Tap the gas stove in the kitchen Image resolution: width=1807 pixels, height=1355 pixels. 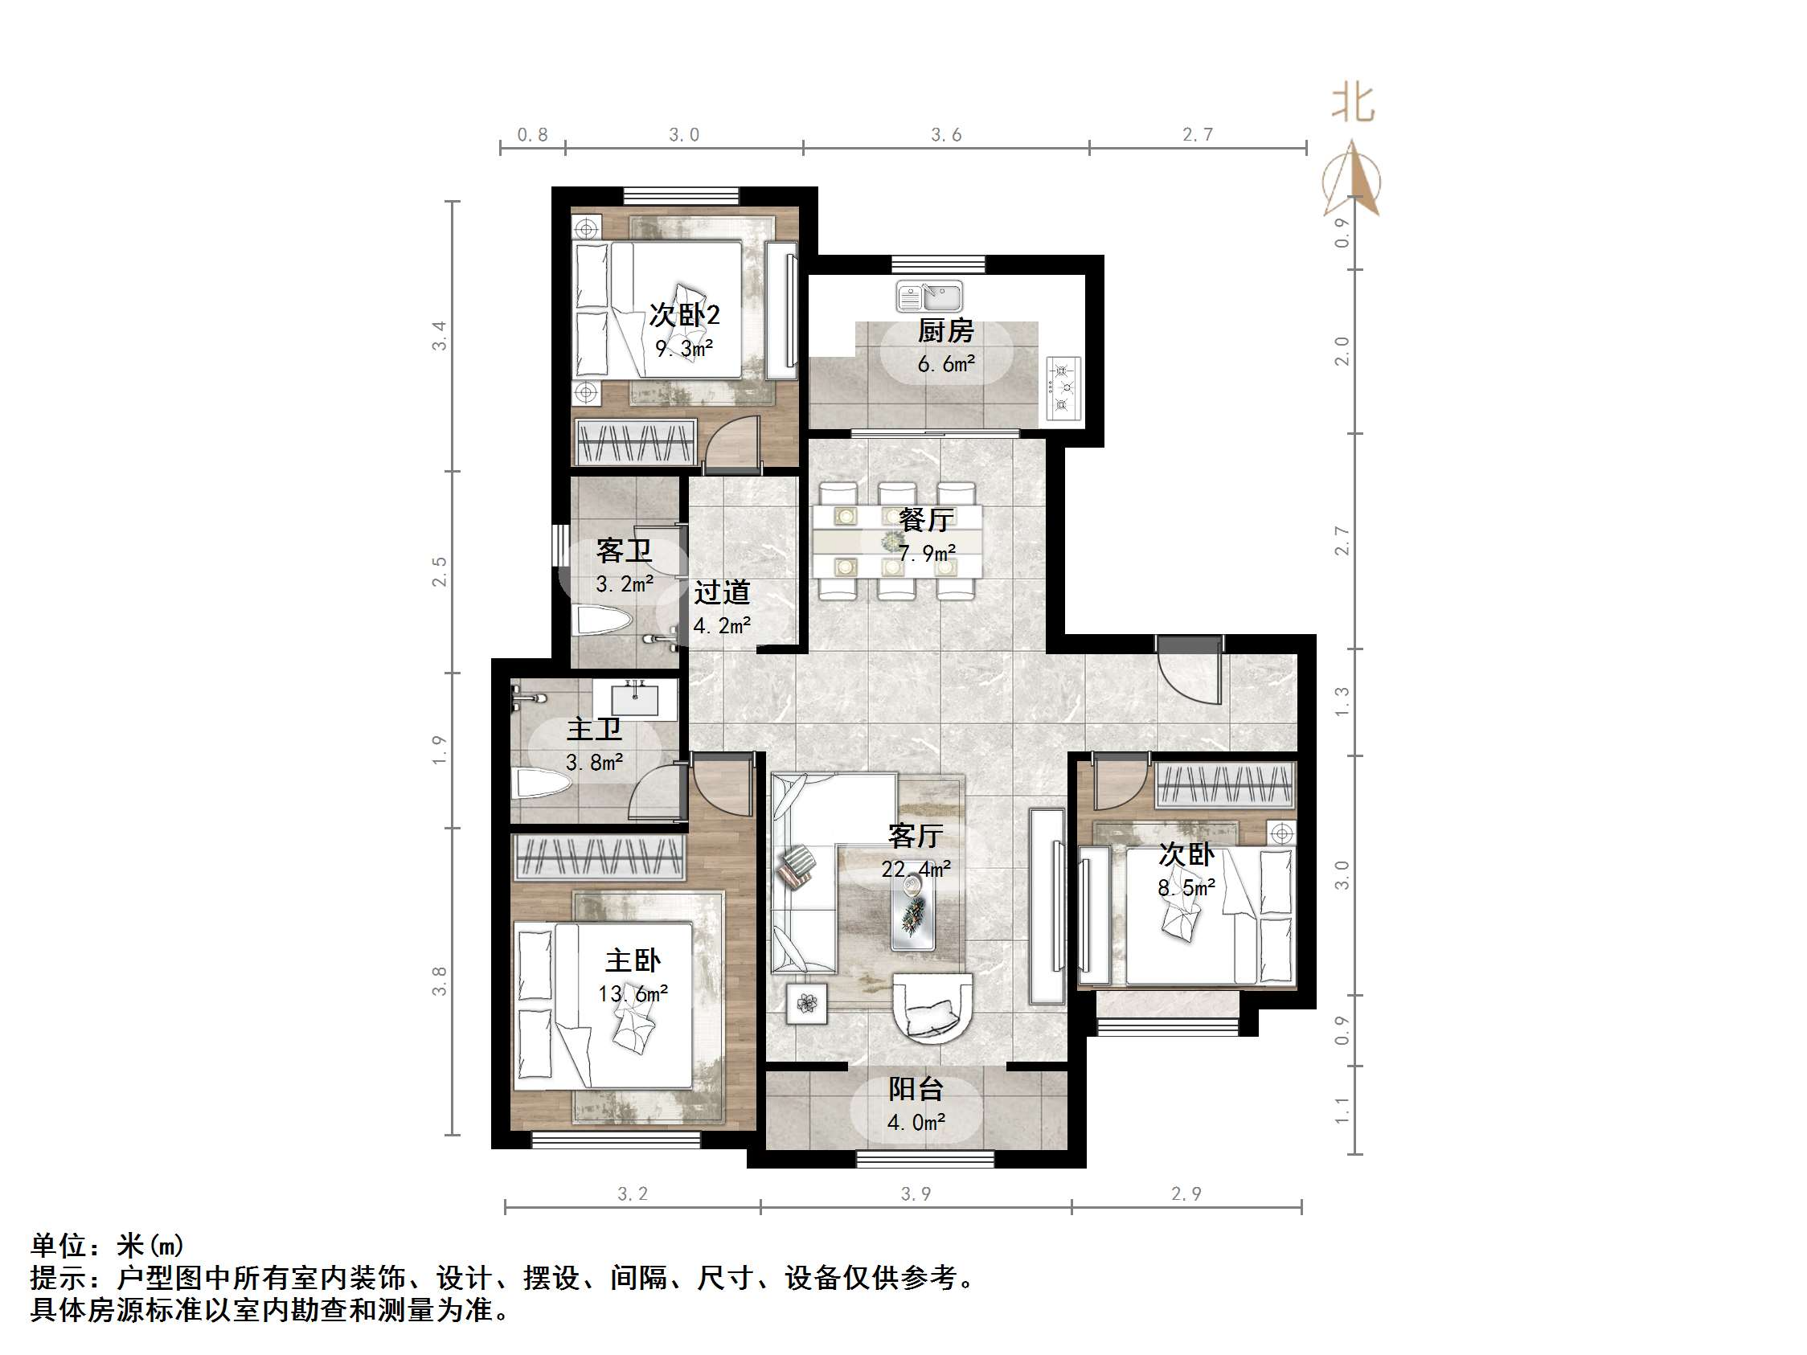(1063, 389)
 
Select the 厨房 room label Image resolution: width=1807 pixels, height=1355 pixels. (945, 332)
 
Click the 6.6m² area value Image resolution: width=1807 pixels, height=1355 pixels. (946, 364)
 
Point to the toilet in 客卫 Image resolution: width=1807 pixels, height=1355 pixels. (604, 620)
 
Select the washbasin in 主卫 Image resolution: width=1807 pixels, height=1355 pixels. (635, 699)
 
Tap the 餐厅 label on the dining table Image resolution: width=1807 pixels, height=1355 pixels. (925, 519)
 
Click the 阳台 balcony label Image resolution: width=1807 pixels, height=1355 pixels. (916, 1090)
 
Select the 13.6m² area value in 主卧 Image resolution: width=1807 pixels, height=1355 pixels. (633, 994)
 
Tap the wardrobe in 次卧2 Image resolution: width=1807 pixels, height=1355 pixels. (636, 443)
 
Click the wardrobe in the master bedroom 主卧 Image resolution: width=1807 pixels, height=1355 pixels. (599, 858)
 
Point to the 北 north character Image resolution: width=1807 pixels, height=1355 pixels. (1354, 103)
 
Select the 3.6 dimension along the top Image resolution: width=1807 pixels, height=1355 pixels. (946, 135)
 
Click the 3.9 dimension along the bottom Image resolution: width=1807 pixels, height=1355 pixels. (916, 1193)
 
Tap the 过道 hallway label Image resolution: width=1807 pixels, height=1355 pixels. (722, 593)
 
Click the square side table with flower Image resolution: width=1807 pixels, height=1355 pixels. (806, 1003)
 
